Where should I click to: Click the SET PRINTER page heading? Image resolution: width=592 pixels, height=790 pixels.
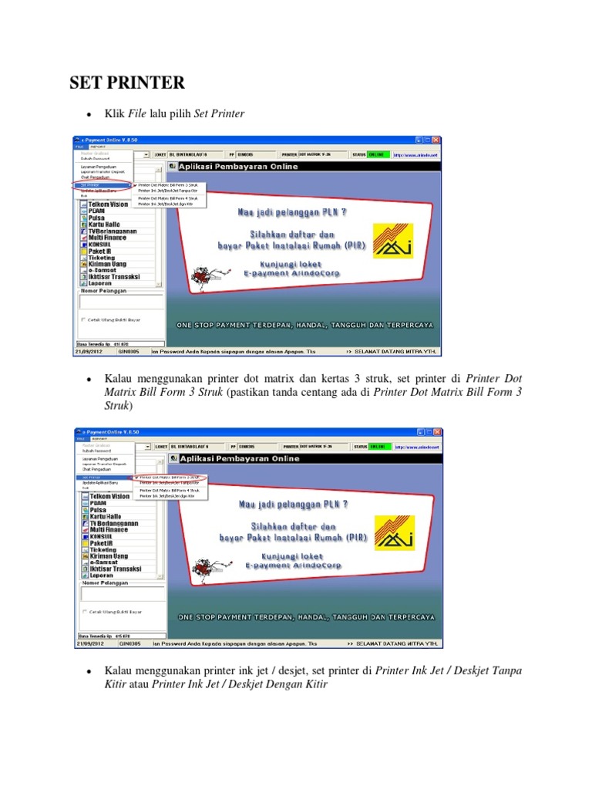(x=127, y=82)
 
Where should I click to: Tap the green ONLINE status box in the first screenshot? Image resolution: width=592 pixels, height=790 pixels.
(x=378, y=154)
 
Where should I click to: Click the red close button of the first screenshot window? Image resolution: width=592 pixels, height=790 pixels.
(x=436, y=140)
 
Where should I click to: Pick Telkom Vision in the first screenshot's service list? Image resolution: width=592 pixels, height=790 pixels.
(x=108, y=204)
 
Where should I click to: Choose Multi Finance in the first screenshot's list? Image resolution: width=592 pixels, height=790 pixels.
(x=108, y=238)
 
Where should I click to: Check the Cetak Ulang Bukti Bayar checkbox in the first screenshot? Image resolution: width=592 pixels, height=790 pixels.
(x=84, y=319)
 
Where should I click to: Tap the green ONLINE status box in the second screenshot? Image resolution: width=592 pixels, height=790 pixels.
(x=378, y=446)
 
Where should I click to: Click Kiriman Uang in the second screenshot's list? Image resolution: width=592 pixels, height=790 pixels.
(x=108, y=555)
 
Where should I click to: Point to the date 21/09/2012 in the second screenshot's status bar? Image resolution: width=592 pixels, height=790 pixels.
(x=89, y=642)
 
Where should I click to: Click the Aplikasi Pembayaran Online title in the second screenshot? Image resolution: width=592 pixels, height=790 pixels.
(x=239, y=458)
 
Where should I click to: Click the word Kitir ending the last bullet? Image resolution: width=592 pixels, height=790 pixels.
(x=314, y=684)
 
